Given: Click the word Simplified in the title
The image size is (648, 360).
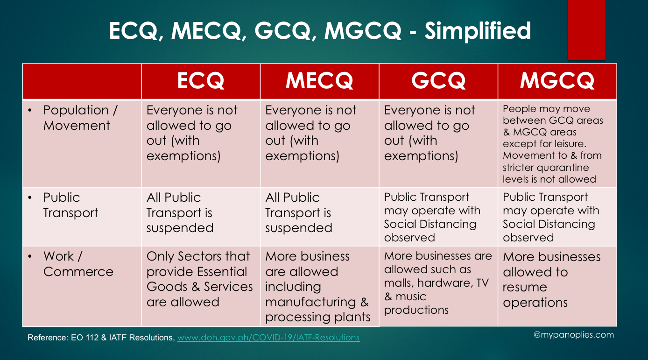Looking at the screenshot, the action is (x=478, y=31).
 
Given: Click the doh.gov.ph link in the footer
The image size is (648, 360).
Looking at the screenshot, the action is (x=268, y=338).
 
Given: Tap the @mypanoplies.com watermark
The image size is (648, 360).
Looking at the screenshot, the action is (x=574, y=335).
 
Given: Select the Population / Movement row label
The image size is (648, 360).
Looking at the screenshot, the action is (x=80, y=118).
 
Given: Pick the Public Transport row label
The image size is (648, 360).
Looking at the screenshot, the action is (x=70, y=205).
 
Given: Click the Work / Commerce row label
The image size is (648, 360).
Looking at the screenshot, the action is (x=78, y=264).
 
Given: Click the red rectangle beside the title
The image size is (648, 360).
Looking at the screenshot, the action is (x=586, y=30).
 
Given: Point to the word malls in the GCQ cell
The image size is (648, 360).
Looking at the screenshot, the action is (x=399, y=283).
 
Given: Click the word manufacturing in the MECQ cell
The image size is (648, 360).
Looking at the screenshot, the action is (x=310, y=302).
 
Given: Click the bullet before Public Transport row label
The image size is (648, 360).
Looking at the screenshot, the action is (x=30, y=198).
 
